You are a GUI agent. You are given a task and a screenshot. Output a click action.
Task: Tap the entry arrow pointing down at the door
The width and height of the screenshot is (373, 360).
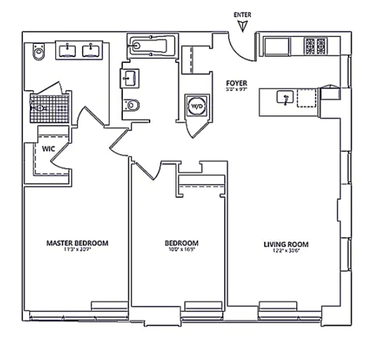click(242, 25)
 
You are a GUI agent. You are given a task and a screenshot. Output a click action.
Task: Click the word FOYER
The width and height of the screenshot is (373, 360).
click(237, 83)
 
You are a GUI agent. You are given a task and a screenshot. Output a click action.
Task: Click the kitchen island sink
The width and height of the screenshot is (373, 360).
click(285, 97)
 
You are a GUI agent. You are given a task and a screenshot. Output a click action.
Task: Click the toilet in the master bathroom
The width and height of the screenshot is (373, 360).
click(39, 53)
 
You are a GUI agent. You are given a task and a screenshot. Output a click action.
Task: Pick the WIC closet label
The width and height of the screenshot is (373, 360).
click(48, 148)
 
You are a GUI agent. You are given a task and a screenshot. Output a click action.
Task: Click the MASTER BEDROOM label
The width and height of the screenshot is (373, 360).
click(77, 243)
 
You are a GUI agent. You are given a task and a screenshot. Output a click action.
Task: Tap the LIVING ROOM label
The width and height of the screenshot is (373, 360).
click(286, 244)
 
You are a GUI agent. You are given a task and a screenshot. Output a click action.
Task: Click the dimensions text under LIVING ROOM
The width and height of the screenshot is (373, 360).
click(286, 251)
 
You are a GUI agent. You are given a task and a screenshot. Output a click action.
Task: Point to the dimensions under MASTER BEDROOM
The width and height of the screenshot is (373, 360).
click(77, 250)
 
